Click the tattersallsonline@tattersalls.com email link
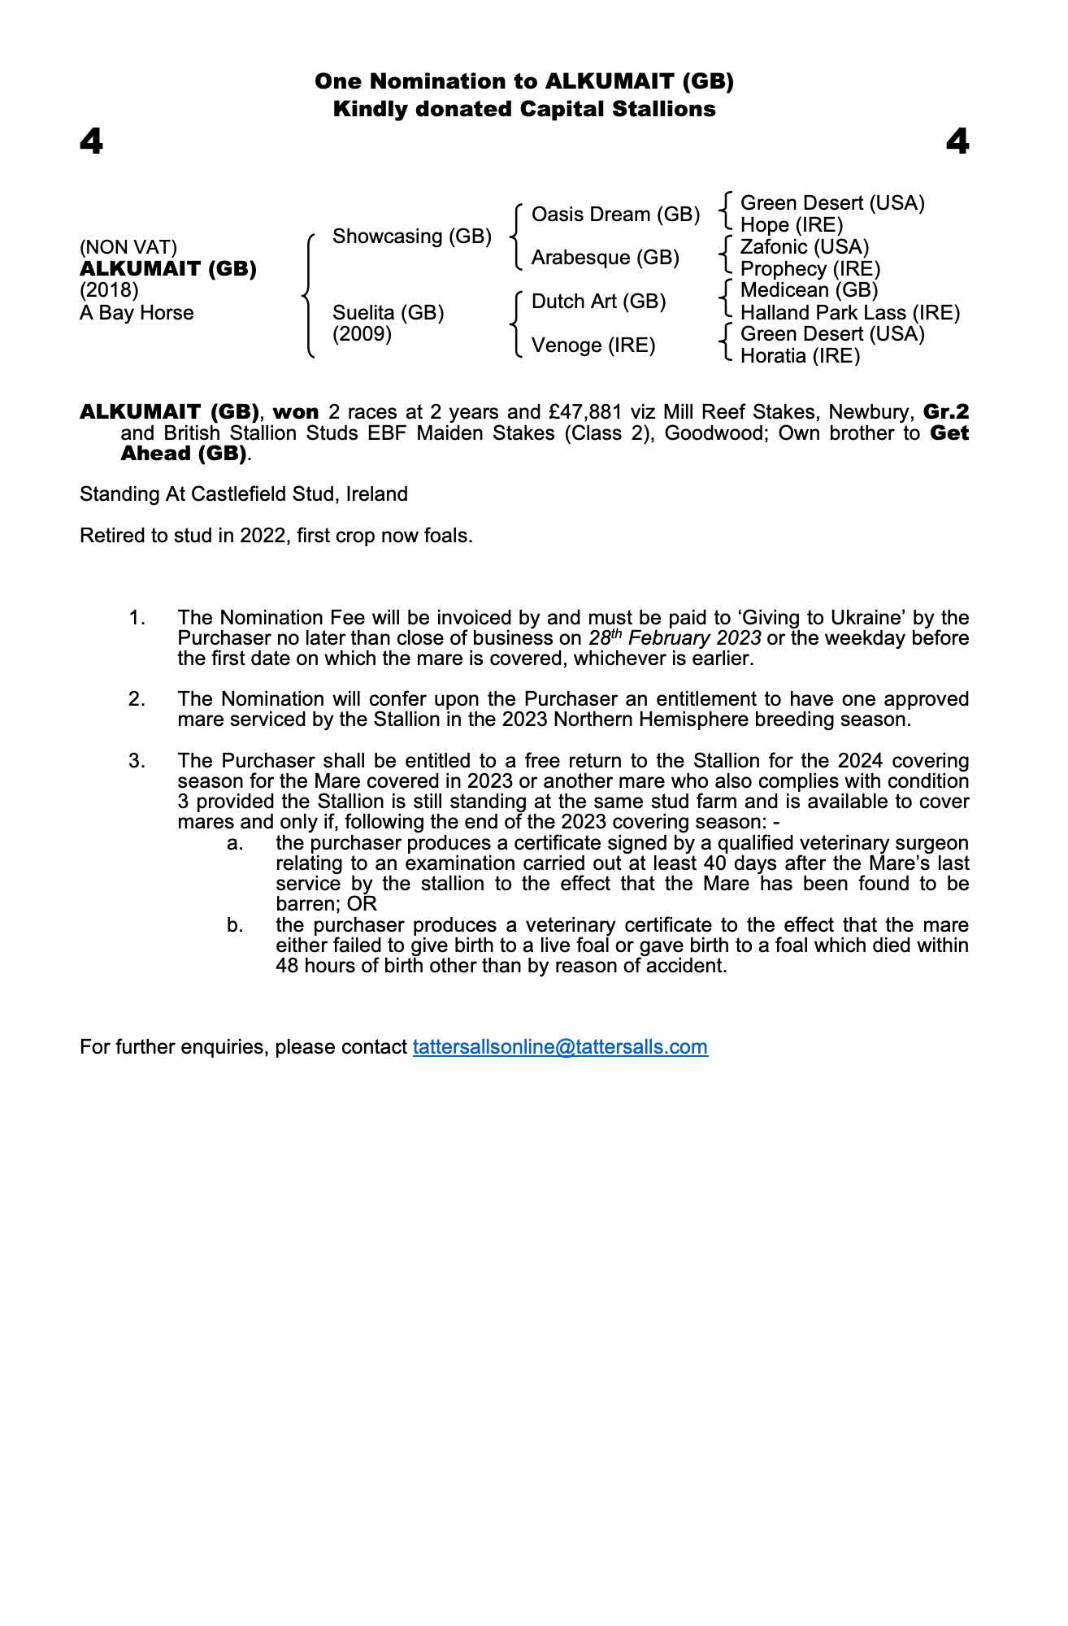point(560,1046)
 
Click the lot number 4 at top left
point(91,143)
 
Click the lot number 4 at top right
point(957,143)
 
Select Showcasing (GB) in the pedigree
point(412,237)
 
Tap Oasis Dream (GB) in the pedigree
point(615,215)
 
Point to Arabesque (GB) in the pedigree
point(605,258)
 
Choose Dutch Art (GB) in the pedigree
point(598,302)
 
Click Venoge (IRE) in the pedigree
point(593,346)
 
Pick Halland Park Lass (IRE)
point(850,312)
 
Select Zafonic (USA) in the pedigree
point(805,246)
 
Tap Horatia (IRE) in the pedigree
point(800,356)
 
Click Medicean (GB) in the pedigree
point(809,290)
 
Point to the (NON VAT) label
point(128,247)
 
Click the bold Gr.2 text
point(946,412)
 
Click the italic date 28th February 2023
point(675,638)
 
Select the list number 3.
point(137,761)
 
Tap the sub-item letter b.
point(235,925)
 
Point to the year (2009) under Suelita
point(363,334)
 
